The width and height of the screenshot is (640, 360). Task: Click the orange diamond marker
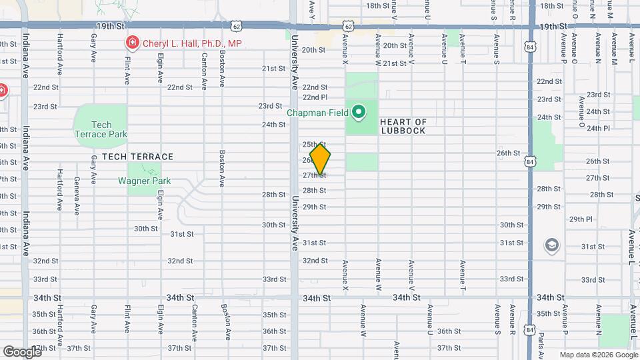(x=321, y=159)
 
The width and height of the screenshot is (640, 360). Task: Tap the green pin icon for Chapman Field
(x=358, y=111)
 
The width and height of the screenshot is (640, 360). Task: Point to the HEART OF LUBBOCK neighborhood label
(x=403, y=126)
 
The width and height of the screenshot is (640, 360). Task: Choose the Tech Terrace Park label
(x=101, y=129)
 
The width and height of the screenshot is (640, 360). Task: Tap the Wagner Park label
(x=145, y=181)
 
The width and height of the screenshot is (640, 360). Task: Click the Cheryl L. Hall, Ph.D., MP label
(x=193, y=43)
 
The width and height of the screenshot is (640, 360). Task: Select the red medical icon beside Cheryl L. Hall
(x=132, y=43)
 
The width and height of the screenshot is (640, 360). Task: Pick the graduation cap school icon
(x=551, y=246)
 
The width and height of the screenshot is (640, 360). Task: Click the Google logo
(x=22, y=351)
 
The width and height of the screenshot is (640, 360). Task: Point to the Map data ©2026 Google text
(x=599, y=355)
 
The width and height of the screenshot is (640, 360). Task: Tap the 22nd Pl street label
(x=315, y=97)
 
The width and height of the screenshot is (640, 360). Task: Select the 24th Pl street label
(x=597, y=128)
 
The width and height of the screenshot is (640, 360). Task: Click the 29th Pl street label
(x=581, y=219)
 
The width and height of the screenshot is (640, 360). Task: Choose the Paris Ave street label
(x=541, y=333)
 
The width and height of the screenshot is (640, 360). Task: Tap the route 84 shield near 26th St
(x=530, y=161)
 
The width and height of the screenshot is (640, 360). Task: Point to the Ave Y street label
(x=312, y=7)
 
